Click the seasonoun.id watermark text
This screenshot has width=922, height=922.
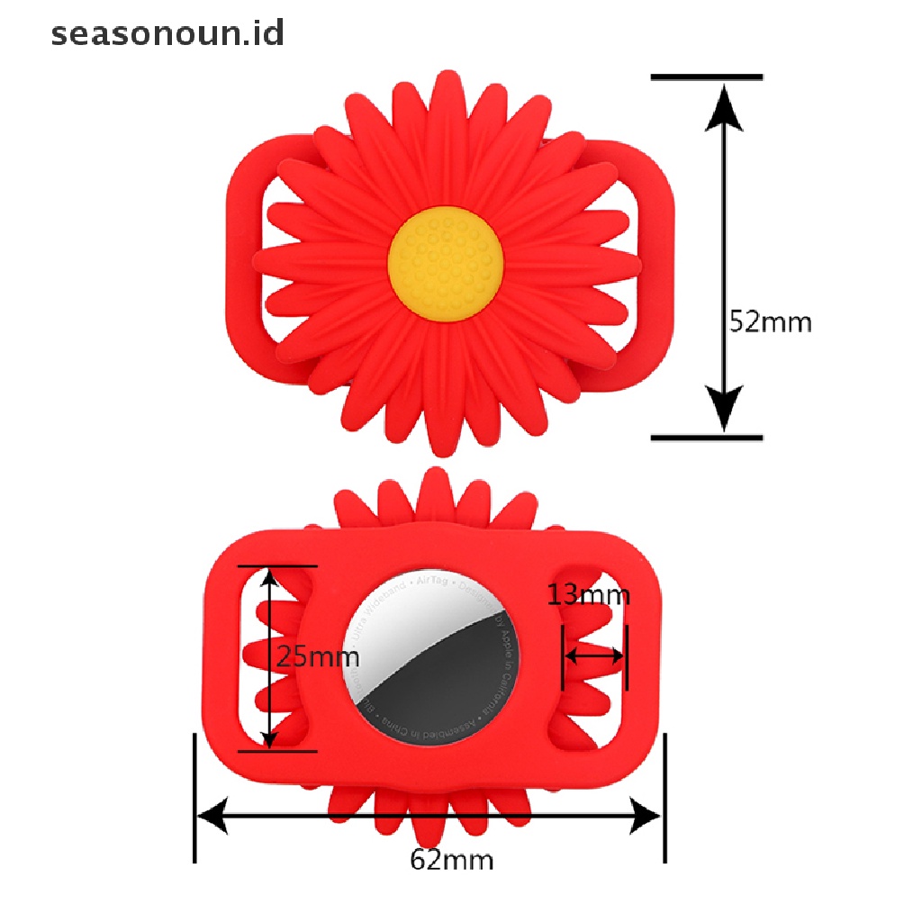[x=167, y=33]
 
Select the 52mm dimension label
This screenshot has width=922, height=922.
[x=770, y=321]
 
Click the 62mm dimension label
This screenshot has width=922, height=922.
[x=452, y=860]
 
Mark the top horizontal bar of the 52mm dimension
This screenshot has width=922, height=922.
[x=707, y=77]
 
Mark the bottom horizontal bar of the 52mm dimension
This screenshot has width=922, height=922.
[x=707, y=438]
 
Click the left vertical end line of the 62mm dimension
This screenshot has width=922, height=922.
[x=195, y=797]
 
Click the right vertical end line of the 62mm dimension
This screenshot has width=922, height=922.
[x=665, y=797]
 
